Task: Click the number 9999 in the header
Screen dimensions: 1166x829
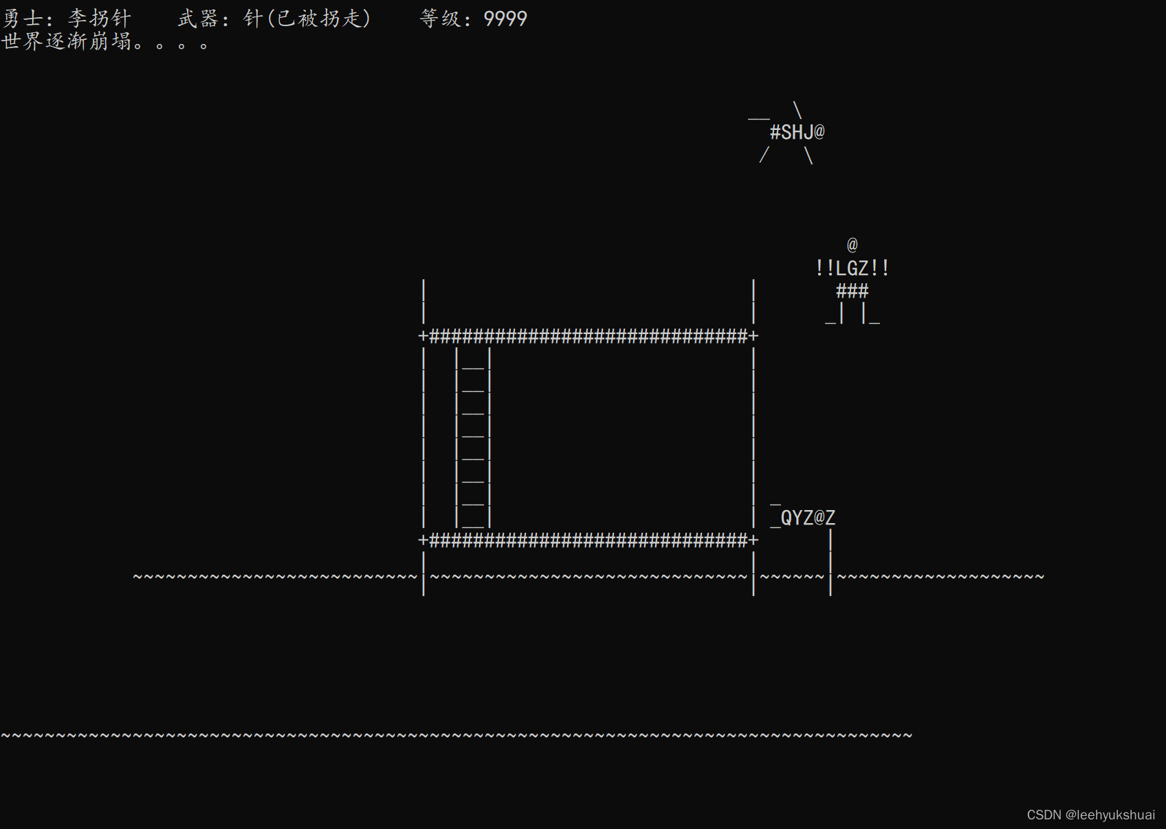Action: pos(505,19)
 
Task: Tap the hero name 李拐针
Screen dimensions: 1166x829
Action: pos(99,19)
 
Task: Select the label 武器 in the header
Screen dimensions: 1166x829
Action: pos(198,19)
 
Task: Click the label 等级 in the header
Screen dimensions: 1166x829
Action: pos(440,19)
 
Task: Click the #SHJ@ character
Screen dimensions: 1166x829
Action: pos(797,132)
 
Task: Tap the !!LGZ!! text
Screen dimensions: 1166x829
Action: pos(852,268)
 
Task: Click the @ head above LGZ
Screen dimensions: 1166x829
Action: pos(852,245)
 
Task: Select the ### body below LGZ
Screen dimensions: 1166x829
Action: pos(852,291)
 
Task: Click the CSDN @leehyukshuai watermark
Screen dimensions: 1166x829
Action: pos(1090,815)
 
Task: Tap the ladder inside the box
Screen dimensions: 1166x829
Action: pos(473,437)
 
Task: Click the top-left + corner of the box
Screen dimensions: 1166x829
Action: pos(423,336)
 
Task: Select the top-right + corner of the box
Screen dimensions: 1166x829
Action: pos(753,336)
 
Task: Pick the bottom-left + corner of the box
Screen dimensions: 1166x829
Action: pos(423,540)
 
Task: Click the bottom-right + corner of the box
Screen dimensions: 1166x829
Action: pos(753,540)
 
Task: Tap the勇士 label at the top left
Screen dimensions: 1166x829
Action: pos(23,19)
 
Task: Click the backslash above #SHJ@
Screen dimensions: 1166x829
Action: pos(797,110)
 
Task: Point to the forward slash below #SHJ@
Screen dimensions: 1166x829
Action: pos(764,156)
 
